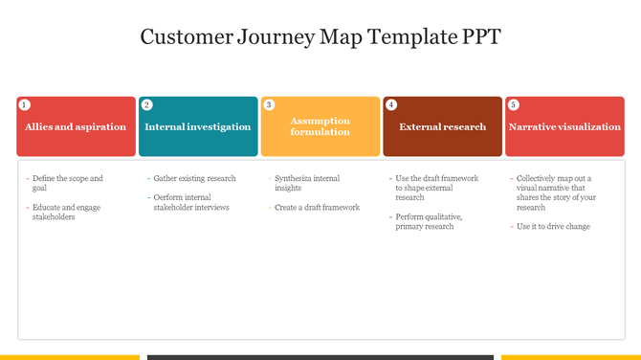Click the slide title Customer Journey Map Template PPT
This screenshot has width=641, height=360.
tap(320, 37)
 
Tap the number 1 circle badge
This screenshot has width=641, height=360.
tap(25, 104)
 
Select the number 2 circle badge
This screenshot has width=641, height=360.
tap(146, 104)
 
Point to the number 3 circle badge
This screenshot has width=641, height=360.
tap(269, 104)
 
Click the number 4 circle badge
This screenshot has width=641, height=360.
tap(391, 104)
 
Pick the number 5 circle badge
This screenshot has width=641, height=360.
tap(514, 104)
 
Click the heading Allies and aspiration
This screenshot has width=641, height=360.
tap(76, 126)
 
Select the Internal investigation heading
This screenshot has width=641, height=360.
tap(198, 126)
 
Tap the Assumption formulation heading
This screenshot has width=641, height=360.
tap(320, 126)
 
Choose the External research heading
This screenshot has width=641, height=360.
tap(443, 126)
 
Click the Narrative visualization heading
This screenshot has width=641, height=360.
tap(564, 126)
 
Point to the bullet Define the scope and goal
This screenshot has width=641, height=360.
tap(67, 183)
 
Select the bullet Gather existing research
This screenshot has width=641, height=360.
tap(194, 178)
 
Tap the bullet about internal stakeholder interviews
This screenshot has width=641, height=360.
tap(191, 202)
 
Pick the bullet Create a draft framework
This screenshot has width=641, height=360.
tap(317, 207)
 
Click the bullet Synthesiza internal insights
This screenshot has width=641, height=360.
tap(306, 183)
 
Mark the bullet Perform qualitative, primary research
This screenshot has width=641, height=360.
tap(429, 221)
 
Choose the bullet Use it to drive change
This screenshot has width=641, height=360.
tap(553, 226)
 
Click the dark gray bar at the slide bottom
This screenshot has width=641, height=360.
tap(320, 357)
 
